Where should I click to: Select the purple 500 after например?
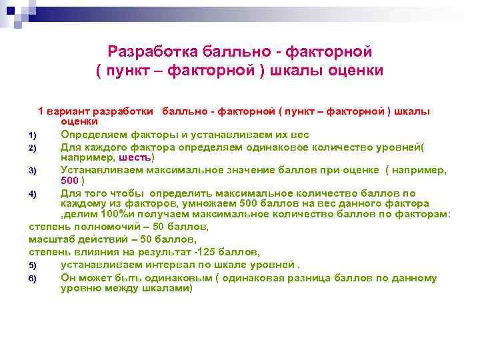(x=70, y=181)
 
